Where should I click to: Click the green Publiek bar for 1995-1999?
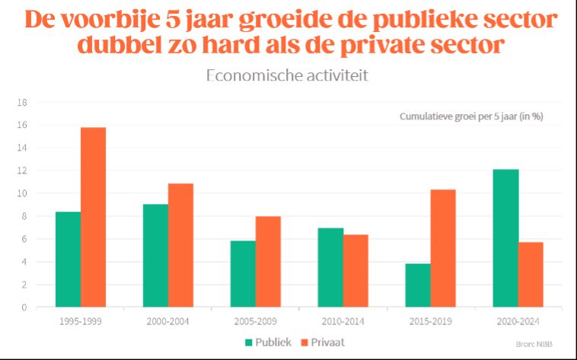pos(69,260)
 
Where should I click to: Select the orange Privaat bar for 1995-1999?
pos(94,217)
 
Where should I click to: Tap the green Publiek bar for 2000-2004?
pos(156,256)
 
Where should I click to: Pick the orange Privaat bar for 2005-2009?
pos(268,262)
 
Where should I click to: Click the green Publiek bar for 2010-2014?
pos(330,267)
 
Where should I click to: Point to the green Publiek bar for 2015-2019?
pos(418,285)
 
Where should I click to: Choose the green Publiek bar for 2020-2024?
pos(505,238)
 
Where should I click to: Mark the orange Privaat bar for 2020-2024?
pos(531,275)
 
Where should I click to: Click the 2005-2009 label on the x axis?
pos(256,321)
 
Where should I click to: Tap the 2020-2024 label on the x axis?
pos(518,321)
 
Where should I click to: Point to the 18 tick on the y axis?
pos(23,102)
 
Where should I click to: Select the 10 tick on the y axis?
pos(23,193)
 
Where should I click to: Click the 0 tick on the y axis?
pos(25,307)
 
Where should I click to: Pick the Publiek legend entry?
pos(267,342)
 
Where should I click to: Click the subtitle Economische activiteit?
pos(288,76)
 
